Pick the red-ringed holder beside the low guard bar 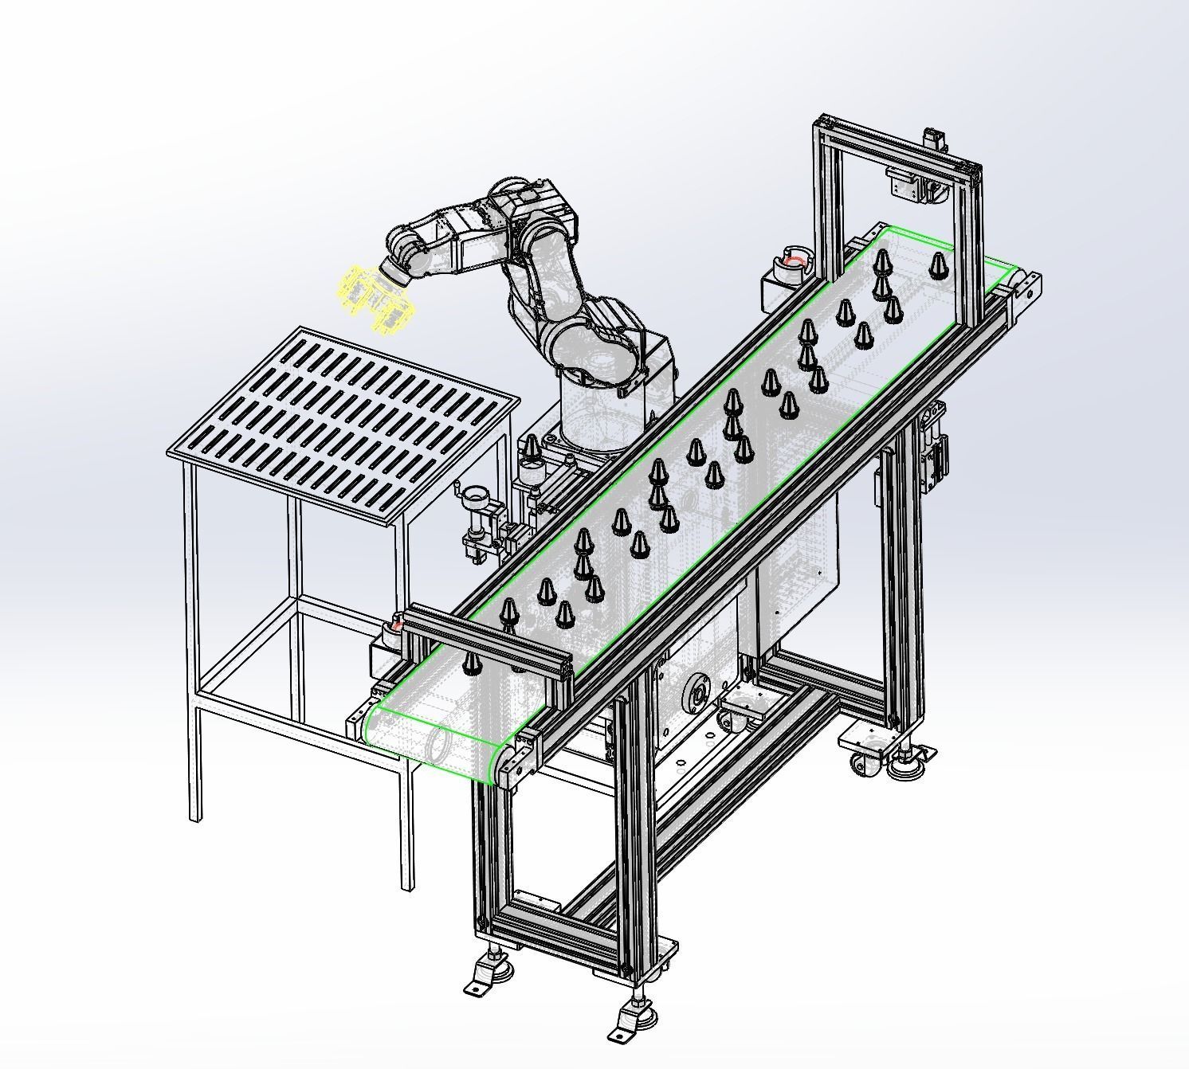click(x=394, y=627)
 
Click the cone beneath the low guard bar click(x=472, y=663)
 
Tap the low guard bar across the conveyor click(x=488, y=644)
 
